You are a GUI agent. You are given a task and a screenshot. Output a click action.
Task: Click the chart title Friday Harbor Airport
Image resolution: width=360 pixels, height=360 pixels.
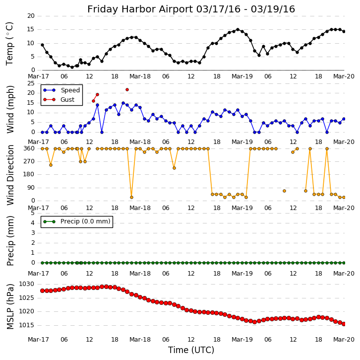(191, 9)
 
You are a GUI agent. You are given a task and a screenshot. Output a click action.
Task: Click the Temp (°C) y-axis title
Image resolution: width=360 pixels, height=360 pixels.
(10, 43)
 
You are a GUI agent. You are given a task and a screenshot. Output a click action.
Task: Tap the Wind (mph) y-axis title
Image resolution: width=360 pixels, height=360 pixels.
(10, 109)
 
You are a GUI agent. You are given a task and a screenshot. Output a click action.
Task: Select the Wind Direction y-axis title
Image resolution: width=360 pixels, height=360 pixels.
(10, 175)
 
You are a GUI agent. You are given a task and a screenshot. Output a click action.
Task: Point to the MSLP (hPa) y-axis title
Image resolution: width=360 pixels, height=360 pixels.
(10, 306)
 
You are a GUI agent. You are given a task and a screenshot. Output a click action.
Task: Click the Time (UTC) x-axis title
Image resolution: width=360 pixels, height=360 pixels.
(191, 350)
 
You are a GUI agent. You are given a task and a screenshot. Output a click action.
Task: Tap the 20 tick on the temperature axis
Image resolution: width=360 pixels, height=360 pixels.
(31, 16)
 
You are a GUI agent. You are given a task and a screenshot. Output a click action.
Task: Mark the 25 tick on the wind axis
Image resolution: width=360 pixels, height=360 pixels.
(31, 83)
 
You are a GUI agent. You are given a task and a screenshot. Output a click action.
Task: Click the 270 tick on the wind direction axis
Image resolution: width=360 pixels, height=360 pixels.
(28, 161)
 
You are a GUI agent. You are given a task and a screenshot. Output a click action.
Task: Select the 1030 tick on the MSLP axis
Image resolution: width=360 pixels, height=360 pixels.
(26, 284)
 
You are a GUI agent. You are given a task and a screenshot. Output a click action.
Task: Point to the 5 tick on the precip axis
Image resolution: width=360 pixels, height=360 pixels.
(33, 213)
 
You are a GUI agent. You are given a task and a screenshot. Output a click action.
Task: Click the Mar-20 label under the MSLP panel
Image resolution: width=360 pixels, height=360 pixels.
(344, 340)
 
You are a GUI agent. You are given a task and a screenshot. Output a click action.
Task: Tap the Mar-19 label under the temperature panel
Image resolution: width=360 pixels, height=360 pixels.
(242, 76)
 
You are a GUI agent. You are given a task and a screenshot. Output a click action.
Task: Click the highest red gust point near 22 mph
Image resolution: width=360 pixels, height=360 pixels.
(127, 89)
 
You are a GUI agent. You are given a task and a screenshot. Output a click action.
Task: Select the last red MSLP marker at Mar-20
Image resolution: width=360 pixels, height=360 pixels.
(344, 324)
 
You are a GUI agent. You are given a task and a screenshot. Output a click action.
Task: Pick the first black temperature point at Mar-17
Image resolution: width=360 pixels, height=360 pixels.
(42, 45)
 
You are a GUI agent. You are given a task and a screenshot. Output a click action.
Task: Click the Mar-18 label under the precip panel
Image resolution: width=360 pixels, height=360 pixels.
(140, 273)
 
